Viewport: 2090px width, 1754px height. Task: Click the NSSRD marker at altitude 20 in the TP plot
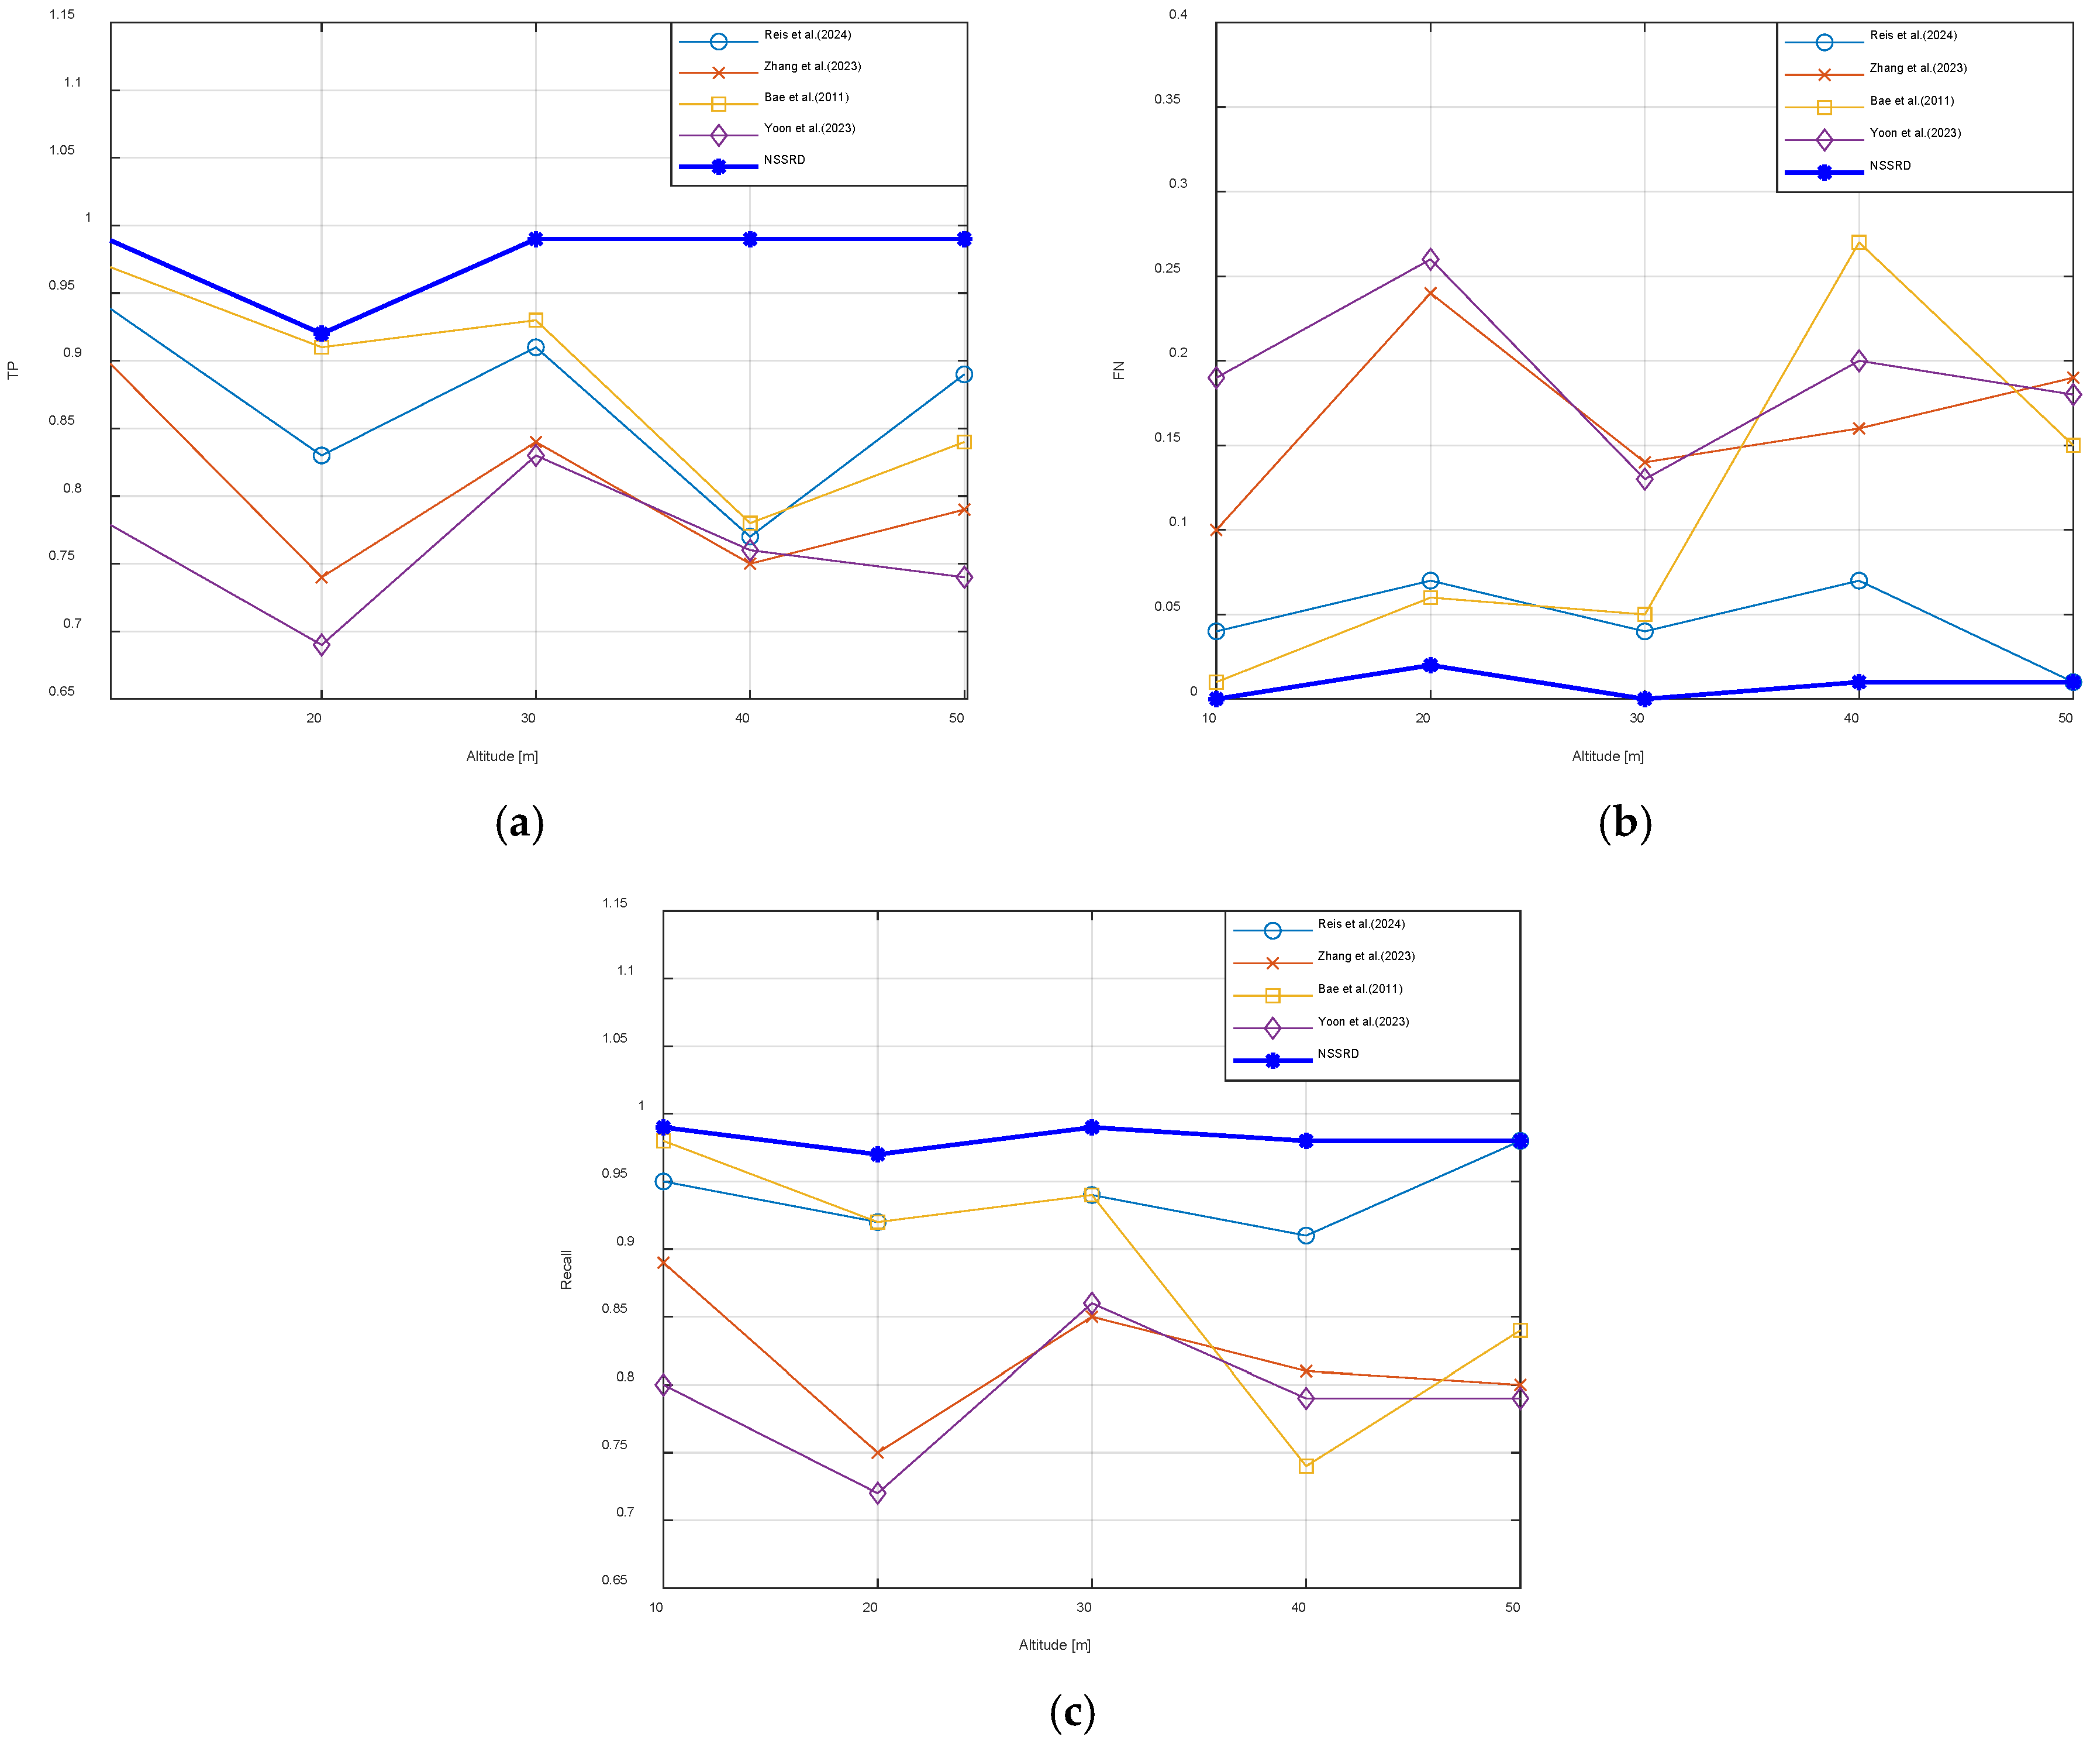click(322, 333)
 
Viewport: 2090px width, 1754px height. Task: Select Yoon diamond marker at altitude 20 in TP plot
click(322, 645)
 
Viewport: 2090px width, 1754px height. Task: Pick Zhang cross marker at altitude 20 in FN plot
click(1430, 293)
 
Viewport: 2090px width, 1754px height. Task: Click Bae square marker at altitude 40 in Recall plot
click(1306, 1466)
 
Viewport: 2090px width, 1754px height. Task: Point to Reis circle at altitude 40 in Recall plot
click(1306, 1236)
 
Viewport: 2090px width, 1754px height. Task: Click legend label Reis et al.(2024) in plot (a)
click(807, 35)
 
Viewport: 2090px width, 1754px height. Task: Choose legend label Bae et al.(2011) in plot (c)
click(1360, 989)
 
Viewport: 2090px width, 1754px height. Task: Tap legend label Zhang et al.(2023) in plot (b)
click(1918, 68)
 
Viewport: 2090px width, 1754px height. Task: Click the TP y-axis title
click(13, 370)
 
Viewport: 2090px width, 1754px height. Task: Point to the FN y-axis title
click(1119, 370)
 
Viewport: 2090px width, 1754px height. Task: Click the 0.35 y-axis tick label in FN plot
click(1167, 99)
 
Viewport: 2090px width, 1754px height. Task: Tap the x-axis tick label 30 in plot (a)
click(529, 718)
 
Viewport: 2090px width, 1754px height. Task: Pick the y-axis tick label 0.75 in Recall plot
click(614, 1445)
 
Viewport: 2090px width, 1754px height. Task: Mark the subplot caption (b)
click(1625, 823)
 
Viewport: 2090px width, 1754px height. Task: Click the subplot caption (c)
click(1072, 1712)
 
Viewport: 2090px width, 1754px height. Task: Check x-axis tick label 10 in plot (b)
click(1209, 718)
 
